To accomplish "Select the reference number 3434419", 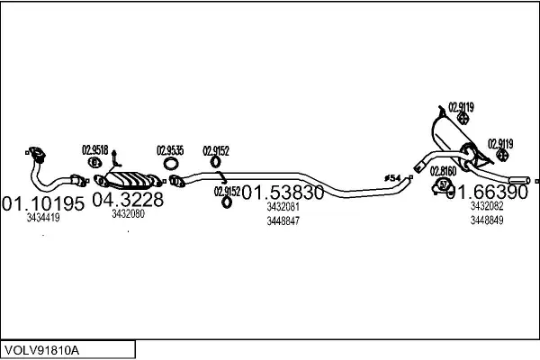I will coord(42,218).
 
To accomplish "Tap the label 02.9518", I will coord(95,149).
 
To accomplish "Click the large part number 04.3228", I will coord(128,199).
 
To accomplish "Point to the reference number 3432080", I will coord(129,214).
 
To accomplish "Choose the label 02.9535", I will coord(170,149).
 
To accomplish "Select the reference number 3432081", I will coord(283,207).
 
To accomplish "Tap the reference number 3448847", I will coord(283,221).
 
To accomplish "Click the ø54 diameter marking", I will coord(392,178).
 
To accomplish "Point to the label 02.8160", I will coord(442,170).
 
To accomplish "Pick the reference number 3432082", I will coord(486,206).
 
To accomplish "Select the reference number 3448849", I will coord(486,220).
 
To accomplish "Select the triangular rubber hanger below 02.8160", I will coord(443,185).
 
